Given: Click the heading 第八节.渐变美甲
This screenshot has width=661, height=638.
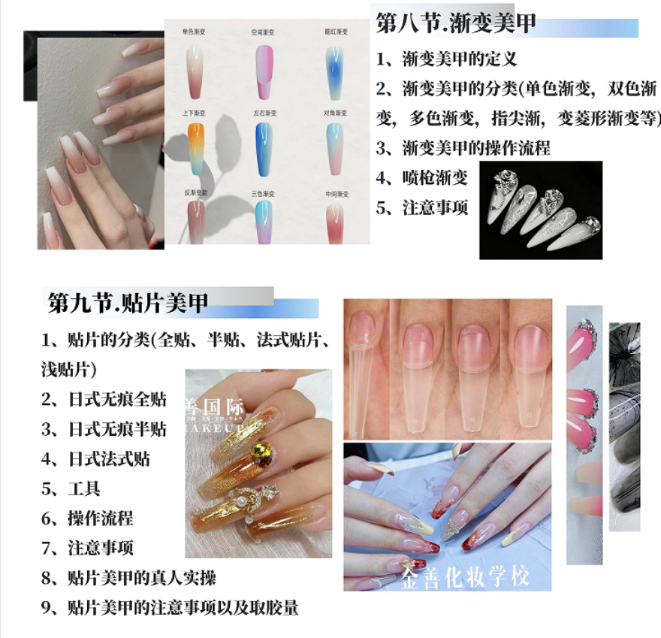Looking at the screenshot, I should click(x=456, y=24).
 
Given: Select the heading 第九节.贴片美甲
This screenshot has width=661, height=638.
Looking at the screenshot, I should click(x=128, y=304).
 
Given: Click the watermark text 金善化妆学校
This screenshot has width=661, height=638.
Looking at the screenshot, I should click(x=466, y=577).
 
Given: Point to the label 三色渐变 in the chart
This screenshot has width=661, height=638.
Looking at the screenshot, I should click(x=262, y=193).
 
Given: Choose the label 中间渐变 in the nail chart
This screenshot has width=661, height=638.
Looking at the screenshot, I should click(x=335, y=193).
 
